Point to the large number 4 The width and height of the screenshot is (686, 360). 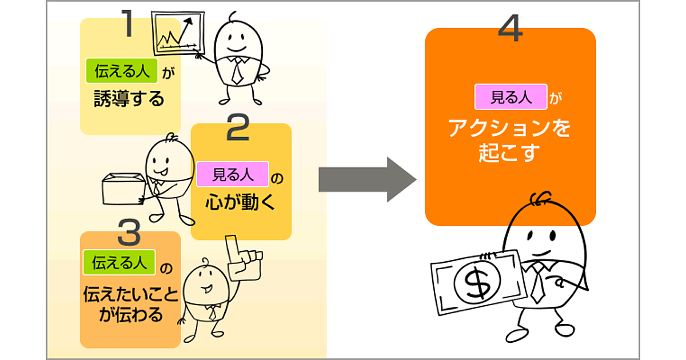tap(510, 28)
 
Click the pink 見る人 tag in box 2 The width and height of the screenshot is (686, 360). tap(233, 174)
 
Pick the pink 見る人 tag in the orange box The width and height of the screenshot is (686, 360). tap(510, 97)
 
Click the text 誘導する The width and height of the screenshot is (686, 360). tap(129, 99)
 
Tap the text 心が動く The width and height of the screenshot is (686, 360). tap(240, 203)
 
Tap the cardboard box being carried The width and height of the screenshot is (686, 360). tap(122, 188)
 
